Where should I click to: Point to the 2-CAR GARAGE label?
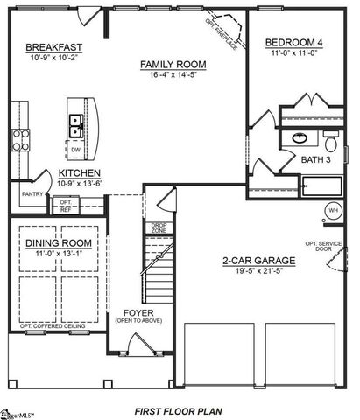[x=258, y=261]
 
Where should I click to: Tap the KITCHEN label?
[x=78, y=173]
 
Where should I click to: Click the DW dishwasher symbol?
[x=75, y=148]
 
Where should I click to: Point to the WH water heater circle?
[x=334, y=210]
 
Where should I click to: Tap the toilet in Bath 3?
[x=331, y=140]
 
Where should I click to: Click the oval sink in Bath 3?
[x=300, y=138]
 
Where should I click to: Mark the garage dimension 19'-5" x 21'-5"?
[x=258, y=271]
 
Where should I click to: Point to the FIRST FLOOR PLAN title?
[x=180, y=409]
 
